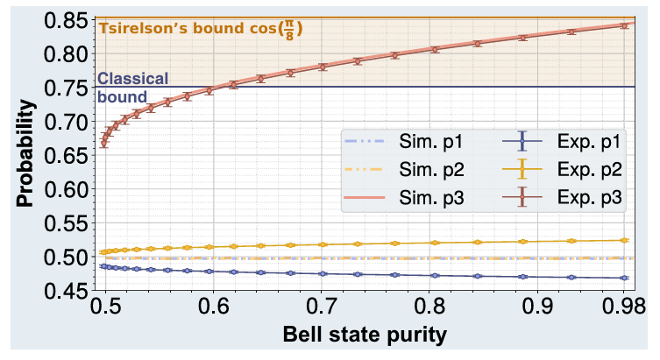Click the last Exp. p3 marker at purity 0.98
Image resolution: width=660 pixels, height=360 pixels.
pos(624,25)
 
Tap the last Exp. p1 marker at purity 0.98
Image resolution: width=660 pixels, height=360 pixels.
pos(624,278)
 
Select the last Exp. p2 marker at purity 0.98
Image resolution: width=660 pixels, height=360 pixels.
pos(624,240)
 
